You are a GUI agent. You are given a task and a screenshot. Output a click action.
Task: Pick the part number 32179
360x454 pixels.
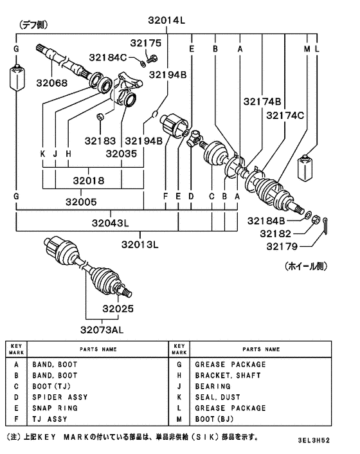[x=292, y=245]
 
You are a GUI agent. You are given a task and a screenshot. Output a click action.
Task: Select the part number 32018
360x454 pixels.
[x=82, y=181]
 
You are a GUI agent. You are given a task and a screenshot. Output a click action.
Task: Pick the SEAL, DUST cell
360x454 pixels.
[x=217, y=397]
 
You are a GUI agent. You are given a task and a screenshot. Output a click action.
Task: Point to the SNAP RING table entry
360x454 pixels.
[x=55, y=408]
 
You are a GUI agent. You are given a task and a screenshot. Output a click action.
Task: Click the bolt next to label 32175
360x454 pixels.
[x=152, y=59]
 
